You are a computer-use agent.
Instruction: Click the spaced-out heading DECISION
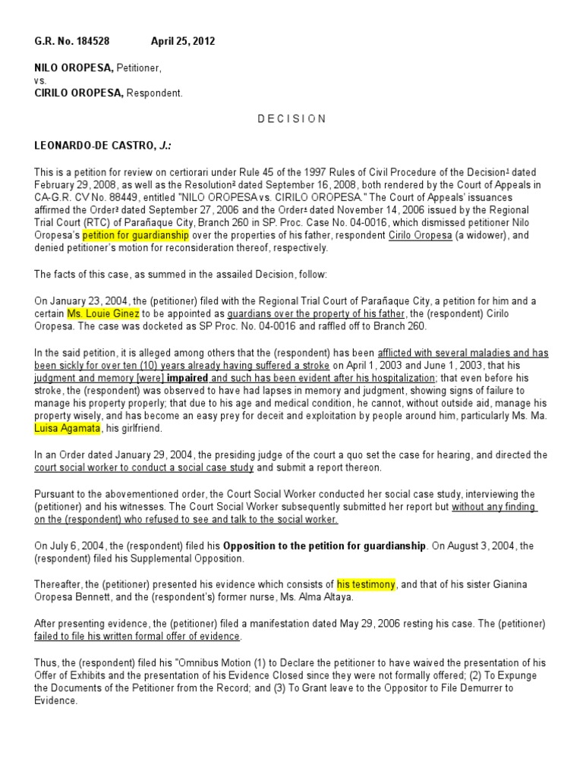click(291, 119)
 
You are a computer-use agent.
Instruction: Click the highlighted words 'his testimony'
click(366, 584)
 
